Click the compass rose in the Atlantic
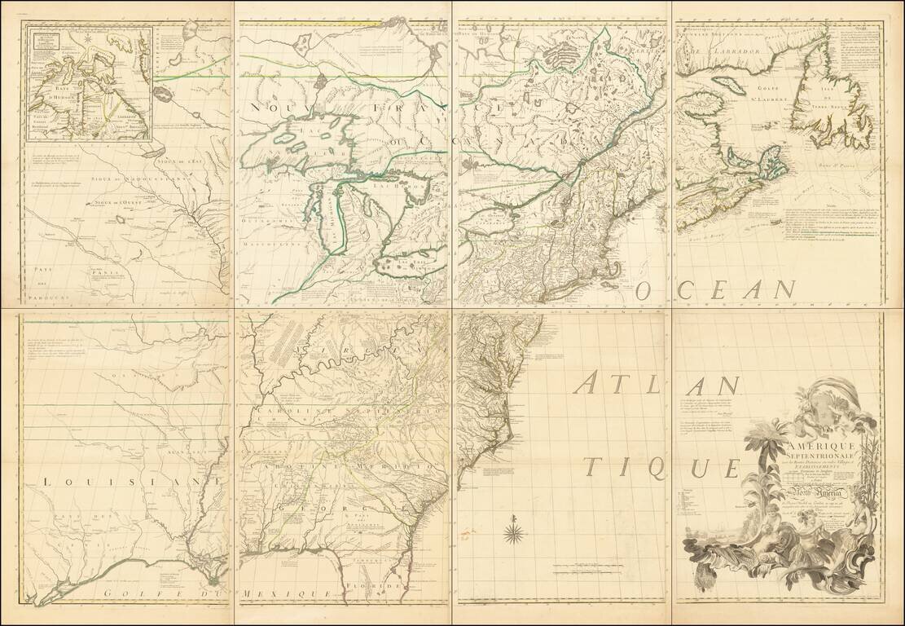coord(514,535)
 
